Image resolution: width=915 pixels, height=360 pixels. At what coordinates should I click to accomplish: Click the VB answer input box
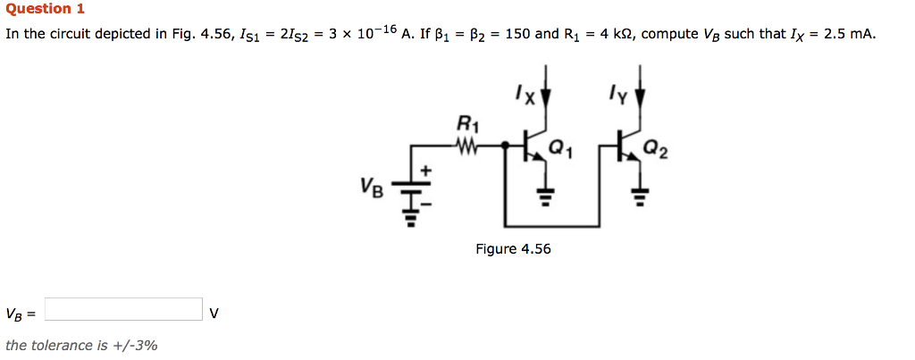pos(123,309)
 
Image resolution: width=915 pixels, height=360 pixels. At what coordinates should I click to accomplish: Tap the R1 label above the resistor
pos(466,122)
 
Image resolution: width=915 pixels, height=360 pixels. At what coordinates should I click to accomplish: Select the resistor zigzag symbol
pos(466,143)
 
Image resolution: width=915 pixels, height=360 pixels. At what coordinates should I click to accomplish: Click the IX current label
pos(524,93)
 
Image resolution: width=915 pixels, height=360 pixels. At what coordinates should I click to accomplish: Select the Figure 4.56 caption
pos(513,249)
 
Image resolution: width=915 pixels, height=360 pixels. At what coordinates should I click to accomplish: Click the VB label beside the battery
pos(373,187)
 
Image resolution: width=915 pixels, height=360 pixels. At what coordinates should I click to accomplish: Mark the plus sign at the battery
pos(426,169)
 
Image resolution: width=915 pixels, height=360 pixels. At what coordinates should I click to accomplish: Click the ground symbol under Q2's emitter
pos(640,194)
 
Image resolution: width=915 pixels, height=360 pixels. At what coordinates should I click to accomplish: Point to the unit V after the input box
pos(214,313)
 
